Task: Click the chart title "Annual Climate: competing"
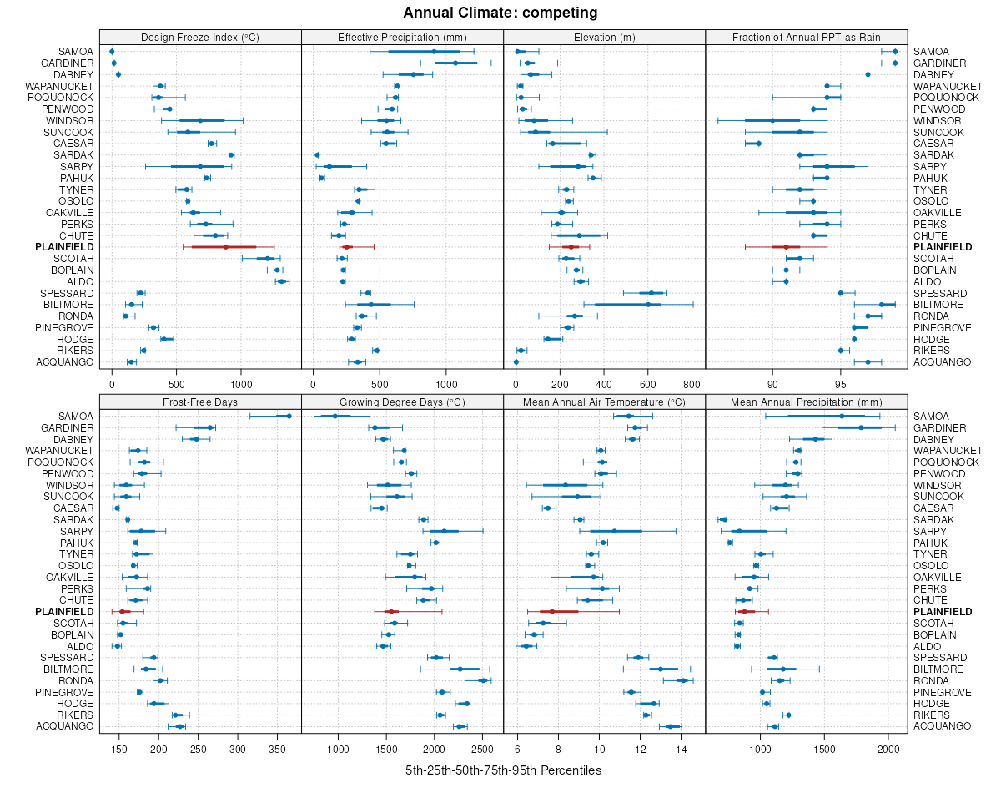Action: point(500,13)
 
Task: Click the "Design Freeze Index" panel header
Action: point(200,37)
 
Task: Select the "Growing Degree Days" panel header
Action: point(402,402)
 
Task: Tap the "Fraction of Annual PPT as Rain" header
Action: point(806,37)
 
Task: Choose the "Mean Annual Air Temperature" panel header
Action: point(604,402)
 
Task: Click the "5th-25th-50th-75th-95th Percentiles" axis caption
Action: point(503,770)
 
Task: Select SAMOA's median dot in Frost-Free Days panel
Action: point(289,417)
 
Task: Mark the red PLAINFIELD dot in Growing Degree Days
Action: point(390,612)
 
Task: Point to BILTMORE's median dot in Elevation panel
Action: point(647,305)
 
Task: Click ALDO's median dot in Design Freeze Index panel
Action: point(281,281)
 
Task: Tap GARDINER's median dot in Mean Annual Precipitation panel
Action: point(862,428)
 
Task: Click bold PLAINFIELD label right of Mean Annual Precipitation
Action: point(943,612)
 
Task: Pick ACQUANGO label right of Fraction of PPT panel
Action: point(943,361)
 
